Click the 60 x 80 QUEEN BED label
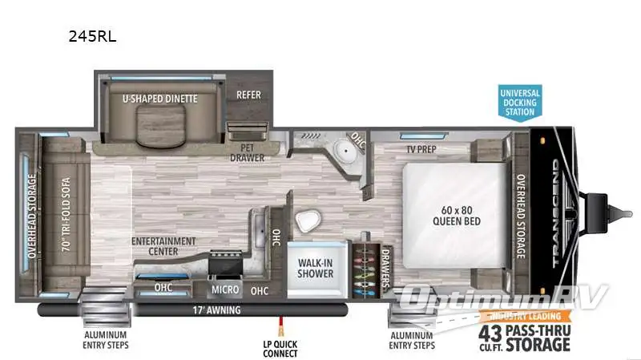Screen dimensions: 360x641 455,215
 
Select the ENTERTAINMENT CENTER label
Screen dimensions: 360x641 164,245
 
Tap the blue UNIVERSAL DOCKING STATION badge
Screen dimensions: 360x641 520,102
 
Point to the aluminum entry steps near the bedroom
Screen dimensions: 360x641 411,317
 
